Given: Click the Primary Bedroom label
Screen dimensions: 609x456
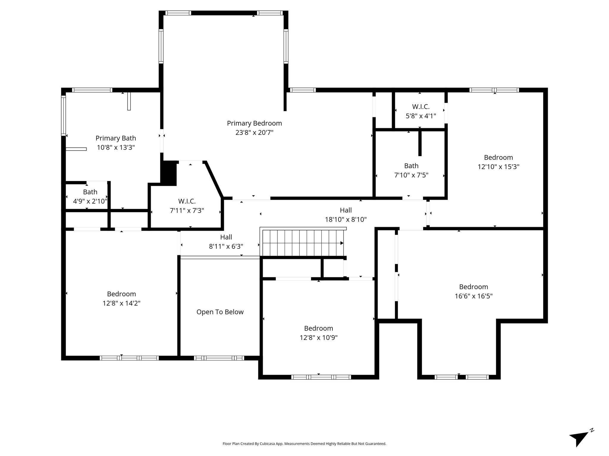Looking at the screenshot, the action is click(254, 123).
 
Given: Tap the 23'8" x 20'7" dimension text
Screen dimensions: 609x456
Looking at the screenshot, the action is click(254, 132).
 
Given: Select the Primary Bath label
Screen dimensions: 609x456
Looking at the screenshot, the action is click(116, 138).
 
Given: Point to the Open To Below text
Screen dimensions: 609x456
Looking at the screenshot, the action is click(220, 312).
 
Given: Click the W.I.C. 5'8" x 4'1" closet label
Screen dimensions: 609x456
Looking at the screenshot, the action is click(421, 111).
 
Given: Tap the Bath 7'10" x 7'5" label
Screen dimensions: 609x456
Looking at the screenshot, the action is click(411, 170).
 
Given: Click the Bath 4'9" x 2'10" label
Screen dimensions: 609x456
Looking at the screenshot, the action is click(90, 197).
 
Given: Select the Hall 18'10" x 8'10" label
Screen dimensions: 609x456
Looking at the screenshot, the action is click(346, 215).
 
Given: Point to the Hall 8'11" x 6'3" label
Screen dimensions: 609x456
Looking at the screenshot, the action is click(226, 242).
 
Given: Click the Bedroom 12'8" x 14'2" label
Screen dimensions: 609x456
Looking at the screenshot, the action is click(121, 299).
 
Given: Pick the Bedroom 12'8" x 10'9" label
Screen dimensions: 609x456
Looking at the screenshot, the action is click(318, 333).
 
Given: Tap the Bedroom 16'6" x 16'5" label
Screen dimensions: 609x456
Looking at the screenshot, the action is click(474, 292).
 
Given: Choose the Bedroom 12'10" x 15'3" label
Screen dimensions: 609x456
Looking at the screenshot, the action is click(498, 162).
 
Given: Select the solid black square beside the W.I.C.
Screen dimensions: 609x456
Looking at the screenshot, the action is click(169, 173).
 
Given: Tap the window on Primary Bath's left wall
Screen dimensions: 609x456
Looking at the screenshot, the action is click(63, 115).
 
